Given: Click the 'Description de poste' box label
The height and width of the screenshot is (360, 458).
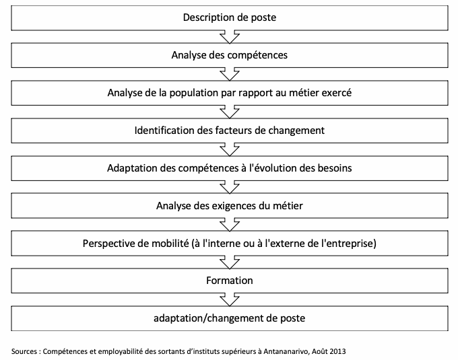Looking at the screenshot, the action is (x=230, y=17).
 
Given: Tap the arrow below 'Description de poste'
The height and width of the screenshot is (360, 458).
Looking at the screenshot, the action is (x=230, y=37).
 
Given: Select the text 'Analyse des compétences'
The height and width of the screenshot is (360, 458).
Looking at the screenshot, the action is (x=230, y=55).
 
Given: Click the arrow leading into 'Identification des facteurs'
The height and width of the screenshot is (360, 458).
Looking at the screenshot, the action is (x=230, y=112).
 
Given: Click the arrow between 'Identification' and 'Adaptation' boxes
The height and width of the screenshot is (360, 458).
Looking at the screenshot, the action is (x=230, y=149).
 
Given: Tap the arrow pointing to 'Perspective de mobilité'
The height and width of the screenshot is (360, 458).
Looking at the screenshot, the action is (x=230, y=225).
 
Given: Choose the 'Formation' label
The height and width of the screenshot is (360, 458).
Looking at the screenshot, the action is (x=230, y=281).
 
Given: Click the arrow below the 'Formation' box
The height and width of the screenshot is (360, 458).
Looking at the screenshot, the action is (x=230, y=299).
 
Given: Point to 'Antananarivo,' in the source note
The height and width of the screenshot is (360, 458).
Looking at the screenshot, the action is (x=286, y=351).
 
